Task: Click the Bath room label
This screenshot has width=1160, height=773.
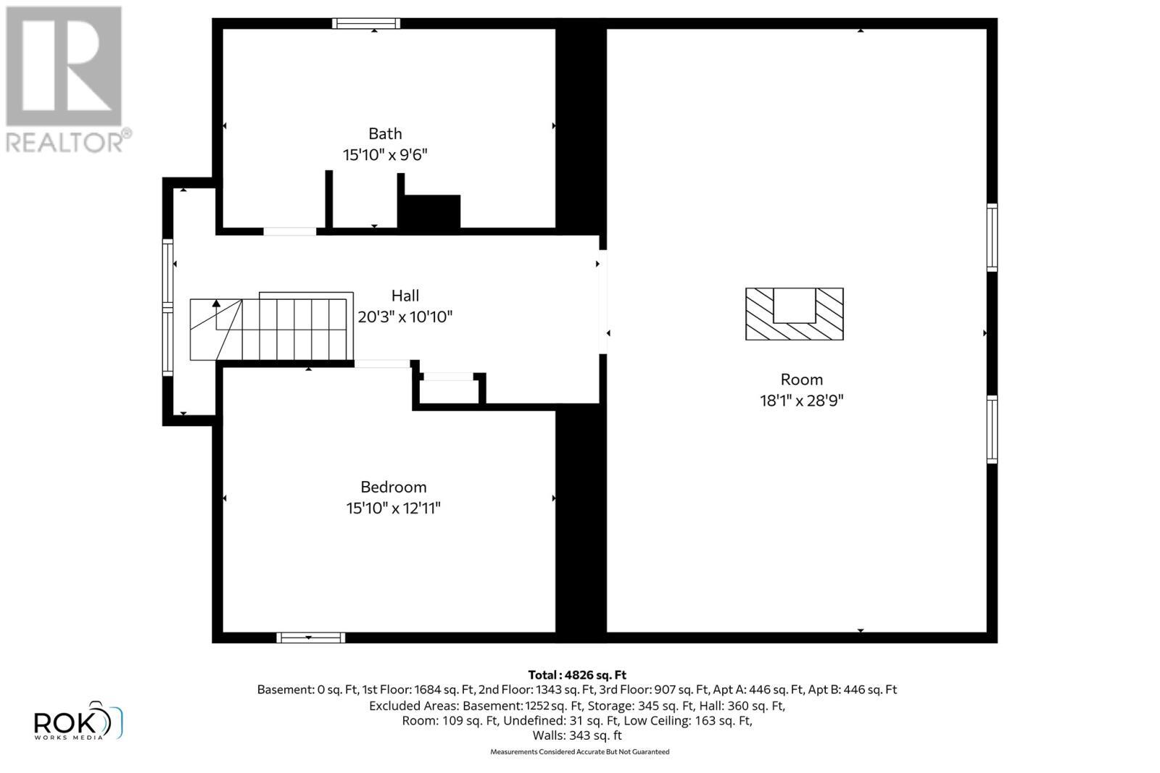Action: coord(385,133)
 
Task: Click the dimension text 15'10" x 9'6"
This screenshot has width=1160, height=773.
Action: coord(385,154)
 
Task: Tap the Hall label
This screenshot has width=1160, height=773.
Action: coord(405,296)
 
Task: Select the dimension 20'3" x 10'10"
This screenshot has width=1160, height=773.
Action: coord(405,317)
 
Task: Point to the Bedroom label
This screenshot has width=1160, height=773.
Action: coord(394,487)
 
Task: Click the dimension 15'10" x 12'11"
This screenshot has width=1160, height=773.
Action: coord(394,508)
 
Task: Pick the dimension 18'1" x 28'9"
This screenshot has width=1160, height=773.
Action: coord(802,400)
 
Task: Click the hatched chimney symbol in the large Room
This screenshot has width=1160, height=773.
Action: coord(795,314)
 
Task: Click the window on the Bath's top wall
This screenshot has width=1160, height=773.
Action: coord(366,23)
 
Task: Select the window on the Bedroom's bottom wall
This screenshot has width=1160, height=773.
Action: coord(310,638)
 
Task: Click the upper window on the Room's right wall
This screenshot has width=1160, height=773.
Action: coord(992,238)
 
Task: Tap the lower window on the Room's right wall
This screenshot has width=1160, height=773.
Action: coord(992,429)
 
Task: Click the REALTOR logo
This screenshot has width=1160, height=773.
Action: coord(65,80)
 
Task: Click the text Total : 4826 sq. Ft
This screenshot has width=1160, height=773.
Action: coord(577,674)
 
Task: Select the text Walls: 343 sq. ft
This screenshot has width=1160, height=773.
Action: coord(577,735)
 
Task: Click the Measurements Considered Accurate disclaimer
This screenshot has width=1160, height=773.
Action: coord(579,752)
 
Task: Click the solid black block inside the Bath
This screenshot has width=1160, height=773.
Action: coord(431,212)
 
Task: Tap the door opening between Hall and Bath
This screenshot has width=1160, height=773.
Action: coord(289,232)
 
